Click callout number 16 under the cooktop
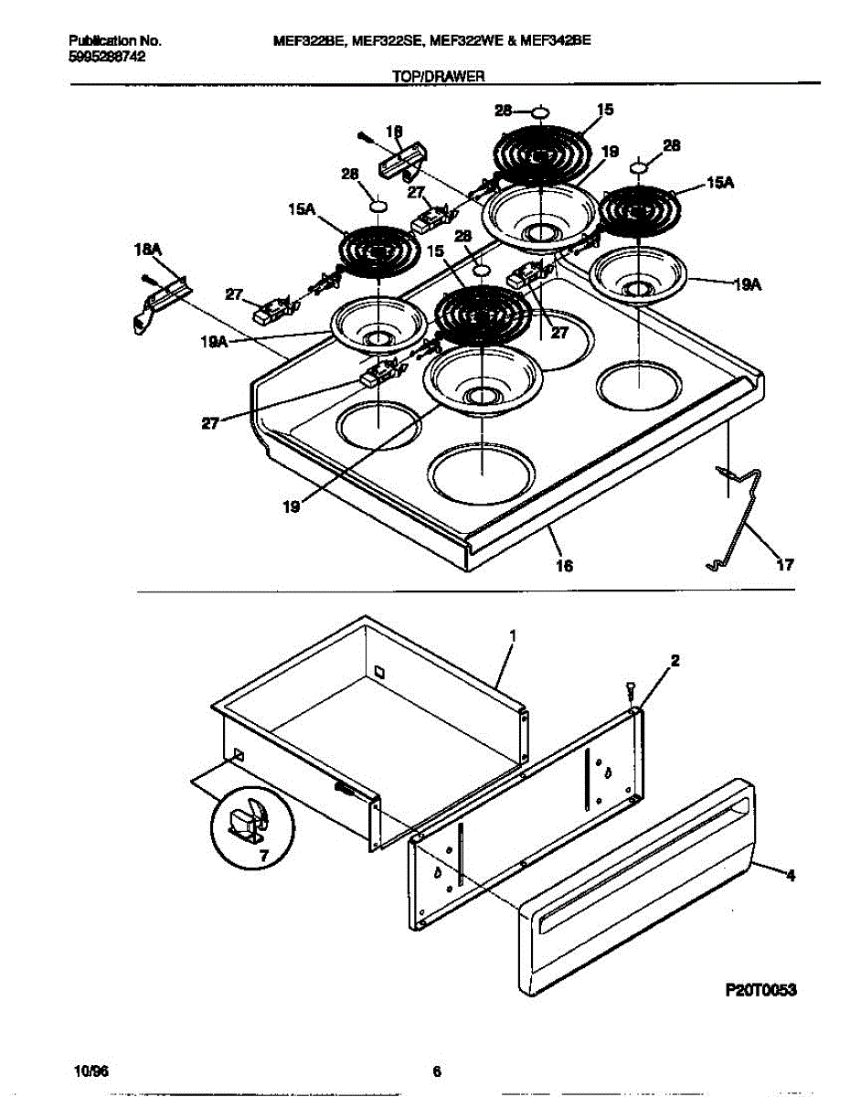coord(564,567)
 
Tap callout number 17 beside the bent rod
coord(783,565)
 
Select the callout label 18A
coord(145,249)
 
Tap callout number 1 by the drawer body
coord(513,634)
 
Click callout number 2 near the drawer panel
coord(674,659)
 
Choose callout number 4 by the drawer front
coord(790,875)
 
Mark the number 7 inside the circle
coord(263,857)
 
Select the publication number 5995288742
coord(107,57)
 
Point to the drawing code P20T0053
coord(761,990)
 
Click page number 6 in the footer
coord(437,1071)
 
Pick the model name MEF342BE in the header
coord(556,41)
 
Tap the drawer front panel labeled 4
coord(640,896)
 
